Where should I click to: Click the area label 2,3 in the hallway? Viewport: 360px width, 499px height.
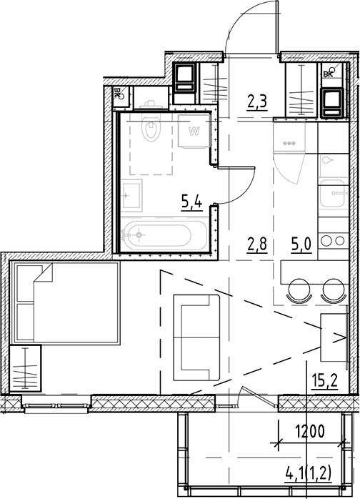[256, 103]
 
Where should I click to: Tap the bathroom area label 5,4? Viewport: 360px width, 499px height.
[191, 201]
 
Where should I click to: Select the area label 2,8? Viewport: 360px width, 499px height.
[256, 244]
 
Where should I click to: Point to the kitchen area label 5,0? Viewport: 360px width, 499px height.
[301, 244]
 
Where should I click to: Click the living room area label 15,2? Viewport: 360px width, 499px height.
[324, 380]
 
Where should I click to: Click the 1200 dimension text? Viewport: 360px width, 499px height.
[310, 432]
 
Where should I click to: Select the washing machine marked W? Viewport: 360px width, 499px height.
[194, 131]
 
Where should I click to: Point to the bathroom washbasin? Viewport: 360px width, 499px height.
[131, 195]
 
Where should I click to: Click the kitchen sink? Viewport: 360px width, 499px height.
[333, 193]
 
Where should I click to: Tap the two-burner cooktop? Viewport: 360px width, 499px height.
[333, 241]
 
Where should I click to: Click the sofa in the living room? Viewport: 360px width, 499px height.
[196, 337]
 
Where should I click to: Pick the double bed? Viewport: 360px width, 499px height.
[65, 302]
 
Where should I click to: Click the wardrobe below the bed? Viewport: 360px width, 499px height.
[26, 368]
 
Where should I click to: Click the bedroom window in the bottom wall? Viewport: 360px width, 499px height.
[56, 405]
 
